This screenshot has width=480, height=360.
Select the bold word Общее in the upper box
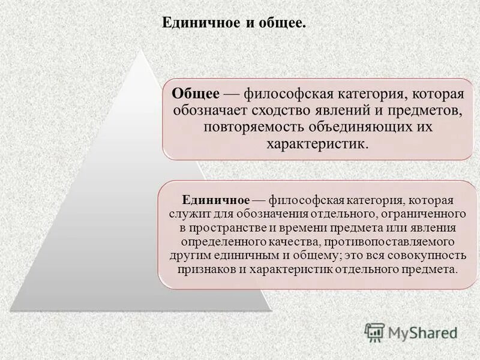coord(195,95)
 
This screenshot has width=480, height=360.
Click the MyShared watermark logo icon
coord(374,332)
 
